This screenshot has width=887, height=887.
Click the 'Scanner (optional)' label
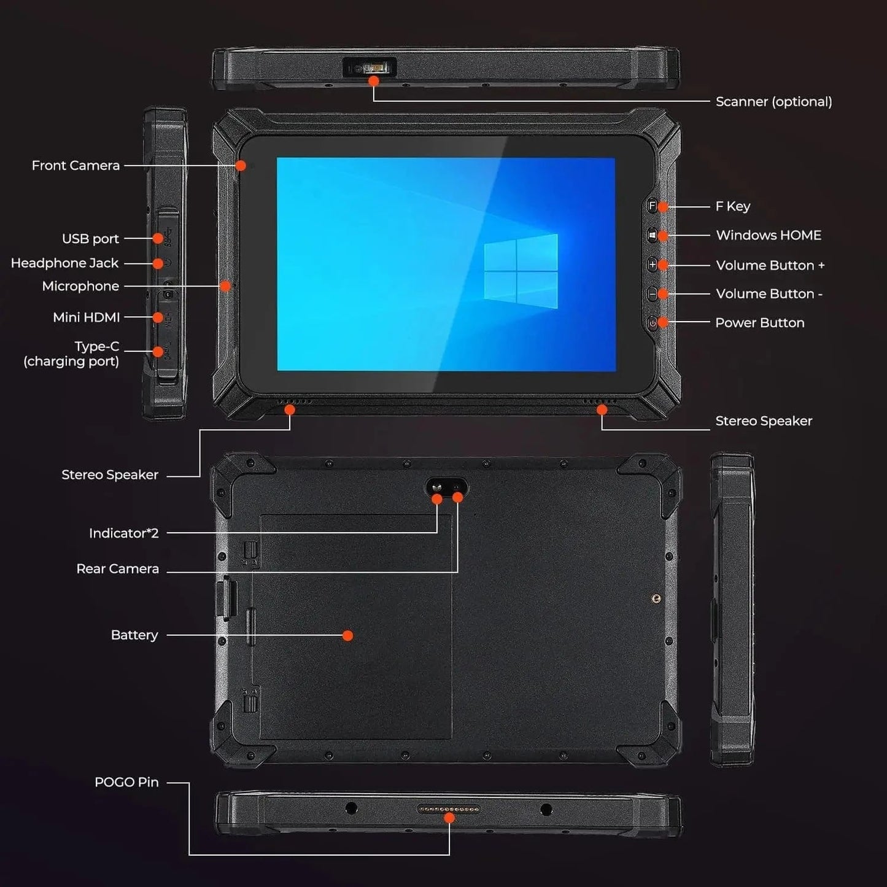[x=773, y=102]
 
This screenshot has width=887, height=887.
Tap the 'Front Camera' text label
[x=76, y=166]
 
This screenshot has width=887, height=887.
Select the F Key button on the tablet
[x=652, y=206]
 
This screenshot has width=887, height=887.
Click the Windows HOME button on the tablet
[x=652, y=235]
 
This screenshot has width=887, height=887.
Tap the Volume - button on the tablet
[x=652, y=294]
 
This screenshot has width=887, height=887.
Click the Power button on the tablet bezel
[x=652, y=323]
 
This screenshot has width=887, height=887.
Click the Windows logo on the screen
[x=521, y=271]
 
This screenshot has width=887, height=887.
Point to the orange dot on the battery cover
[x=347, y=635]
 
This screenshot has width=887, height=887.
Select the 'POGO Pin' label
[x=126, y=783]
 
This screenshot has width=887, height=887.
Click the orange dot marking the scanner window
[x=373, y=81]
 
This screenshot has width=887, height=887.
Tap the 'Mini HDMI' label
[x=87, y=317]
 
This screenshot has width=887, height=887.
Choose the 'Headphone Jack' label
[x=64, y=263]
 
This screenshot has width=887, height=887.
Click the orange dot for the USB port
[x=158, y=238]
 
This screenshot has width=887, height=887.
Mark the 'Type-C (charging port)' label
[x=72, y=354]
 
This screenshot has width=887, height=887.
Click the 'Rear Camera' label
[x=117, y=569]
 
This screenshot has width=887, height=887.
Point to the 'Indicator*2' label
[x=123, y=533]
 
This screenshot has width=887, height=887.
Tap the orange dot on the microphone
[x=226, y=286]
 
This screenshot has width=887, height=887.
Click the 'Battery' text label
[x=134, y=635]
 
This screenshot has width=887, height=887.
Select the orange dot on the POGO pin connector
[x=449, y=818]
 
